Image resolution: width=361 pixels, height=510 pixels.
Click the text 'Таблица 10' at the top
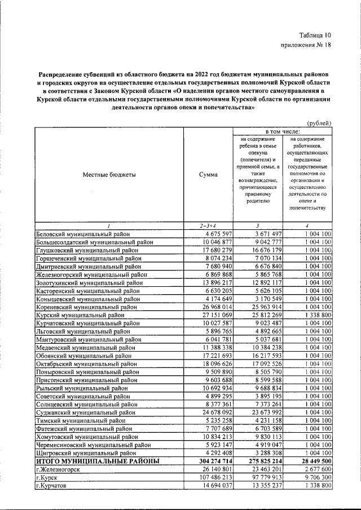315,37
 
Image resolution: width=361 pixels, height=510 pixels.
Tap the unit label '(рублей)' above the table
319,123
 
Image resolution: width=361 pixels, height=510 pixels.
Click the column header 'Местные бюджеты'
109,175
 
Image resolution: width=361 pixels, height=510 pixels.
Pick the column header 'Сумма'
208,175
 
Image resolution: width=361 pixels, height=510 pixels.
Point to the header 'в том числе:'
283,131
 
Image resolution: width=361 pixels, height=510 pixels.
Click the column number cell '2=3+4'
208,225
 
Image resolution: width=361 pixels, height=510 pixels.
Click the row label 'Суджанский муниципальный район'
85,413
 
